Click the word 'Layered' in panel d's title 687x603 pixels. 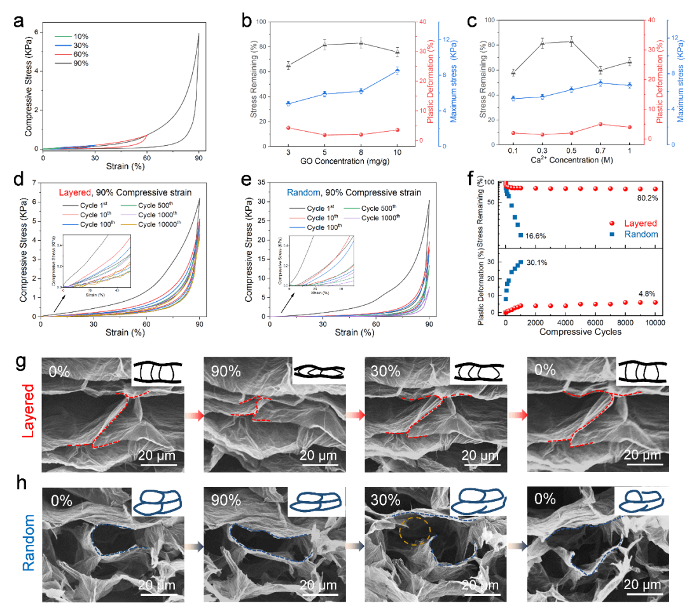(75, 193)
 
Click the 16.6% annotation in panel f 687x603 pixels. (538, 236)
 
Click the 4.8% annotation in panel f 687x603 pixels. (639, 294)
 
